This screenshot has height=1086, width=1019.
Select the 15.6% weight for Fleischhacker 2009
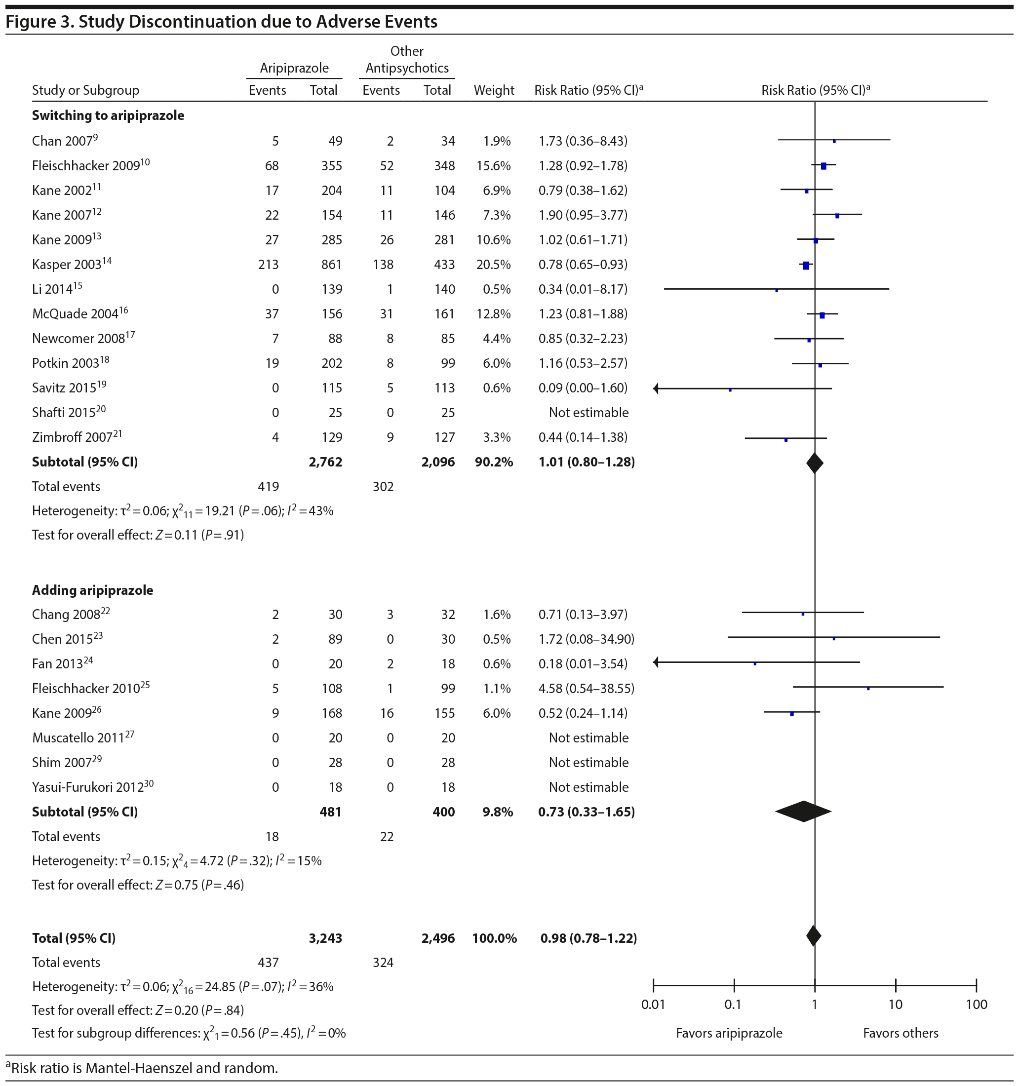(x=493, y=165)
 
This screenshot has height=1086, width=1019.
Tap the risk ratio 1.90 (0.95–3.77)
(x=583, y=215)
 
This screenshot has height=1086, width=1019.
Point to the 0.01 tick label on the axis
(x=653, y=1004)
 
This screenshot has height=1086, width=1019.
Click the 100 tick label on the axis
(x=976, y=1004)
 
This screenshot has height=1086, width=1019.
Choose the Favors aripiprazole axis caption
(x=728, y=1033)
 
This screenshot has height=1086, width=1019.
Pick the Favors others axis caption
(x=900, y=1033)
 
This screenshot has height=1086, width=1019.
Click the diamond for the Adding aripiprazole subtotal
(x=803, y=811)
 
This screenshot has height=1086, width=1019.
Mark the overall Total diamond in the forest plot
(x=814, y=936)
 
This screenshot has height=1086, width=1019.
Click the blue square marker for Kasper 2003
(x=806, y=266)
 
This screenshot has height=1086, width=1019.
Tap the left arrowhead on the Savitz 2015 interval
(x=656, y=388)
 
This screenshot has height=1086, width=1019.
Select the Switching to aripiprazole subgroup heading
(x=108, y=116)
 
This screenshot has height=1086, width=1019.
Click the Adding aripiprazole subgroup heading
(x=92, y=590)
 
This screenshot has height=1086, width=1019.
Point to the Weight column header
(x=493, y=90)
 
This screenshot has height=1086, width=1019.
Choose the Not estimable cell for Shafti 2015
(x=588, y=413)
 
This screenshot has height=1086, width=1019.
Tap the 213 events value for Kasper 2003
(x=268, y=265)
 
